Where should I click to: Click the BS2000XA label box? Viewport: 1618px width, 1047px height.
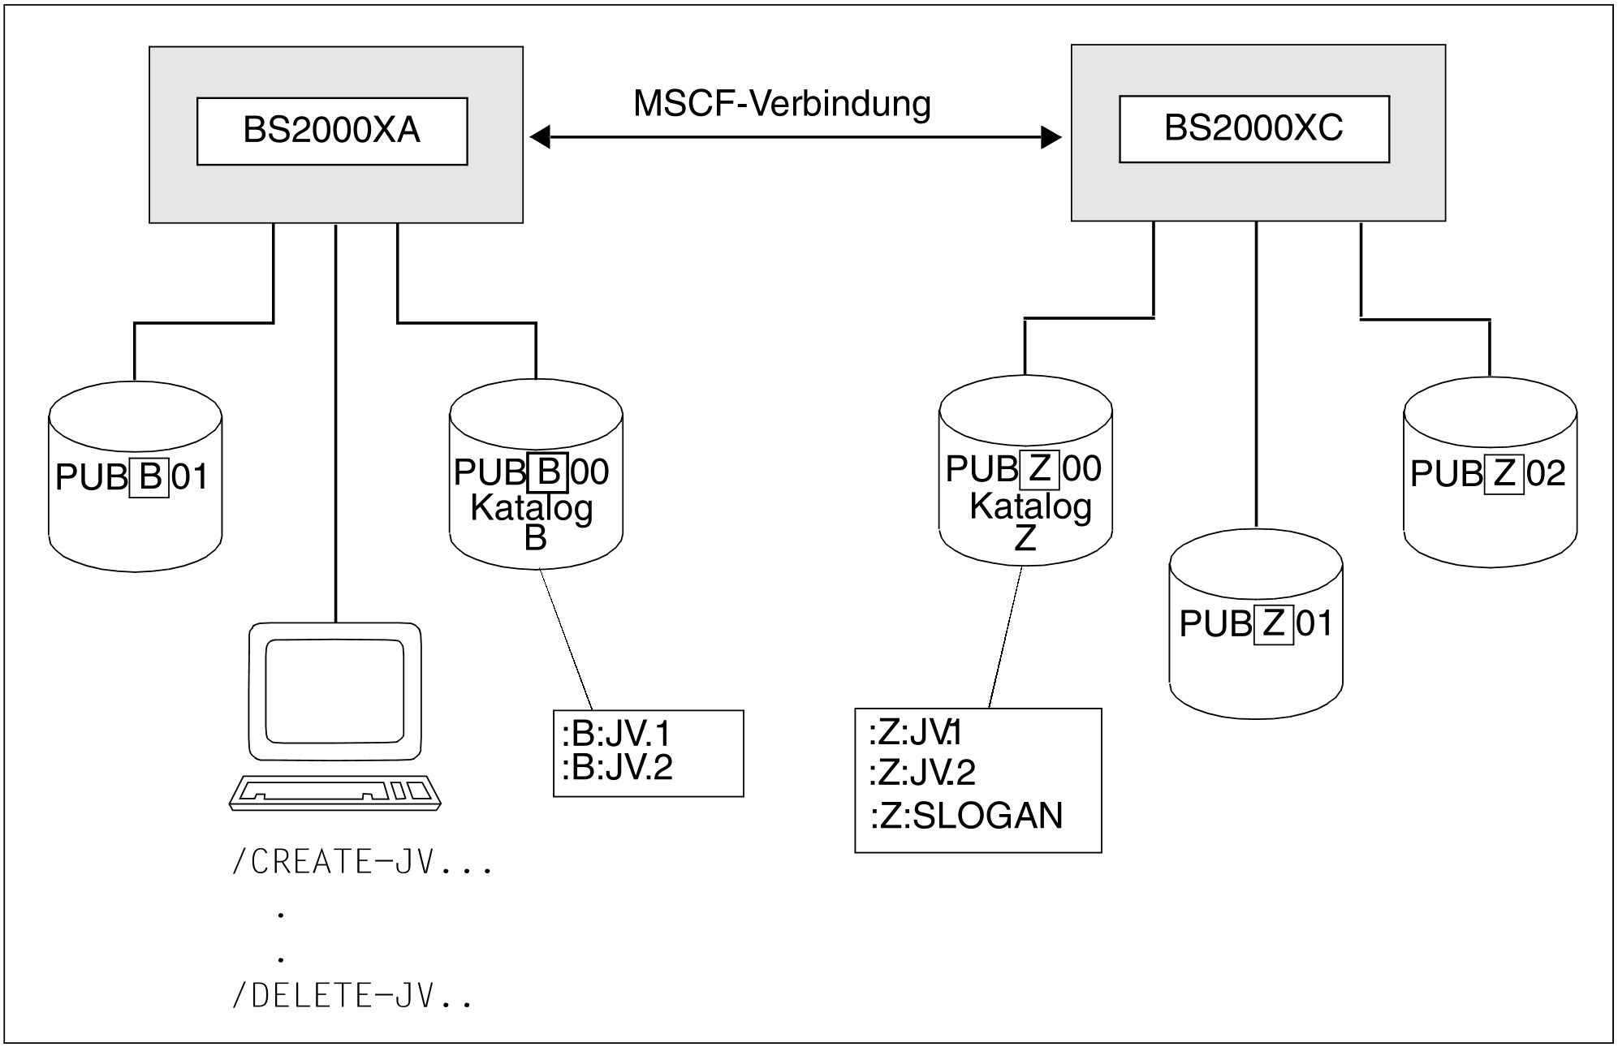pyautogui.click(x=332, y=131)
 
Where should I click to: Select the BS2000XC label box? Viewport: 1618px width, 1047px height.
pyautogui.click(x=1254, y=129)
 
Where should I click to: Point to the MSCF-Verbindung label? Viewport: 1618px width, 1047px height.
pyautogui.click(x=782, y=104)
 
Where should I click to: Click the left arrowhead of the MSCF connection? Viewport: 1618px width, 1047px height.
pyautogui.click(x=540, y=137)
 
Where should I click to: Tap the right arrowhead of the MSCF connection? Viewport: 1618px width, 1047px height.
pyautogui.click(x=1051, y=137)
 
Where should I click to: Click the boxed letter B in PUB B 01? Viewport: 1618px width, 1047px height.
pyautogui.click(x=150, y=477)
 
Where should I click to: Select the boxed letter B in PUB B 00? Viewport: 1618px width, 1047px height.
pyautogui.click(x=549, y=472)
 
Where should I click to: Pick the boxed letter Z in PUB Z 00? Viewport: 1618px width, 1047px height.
pyautogui.click(x=1040, y=469)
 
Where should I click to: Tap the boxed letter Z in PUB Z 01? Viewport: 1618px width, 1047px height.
pyautogui.click(x=1274, y=624)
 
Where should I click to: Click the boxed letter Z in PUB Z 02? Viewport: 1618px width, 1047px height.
pyautogui.click(x=1504, y=474)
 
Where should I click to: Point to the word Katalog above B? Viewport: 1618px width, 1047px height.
pyautogui.click(x=532, y=509)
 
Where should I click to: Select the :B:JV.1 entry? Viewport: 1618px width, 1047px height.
pyautogui.click(x=616, y=734)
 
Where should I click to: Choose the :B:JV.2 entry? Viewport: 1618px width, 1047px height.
pyautogui.click(x=617, y=767)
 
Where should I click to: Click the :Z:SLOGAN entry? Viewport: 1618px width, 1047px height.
pyautogui.click(x=966, y=816)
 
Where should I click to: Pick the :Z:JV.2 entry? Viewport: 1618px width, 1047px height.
pyautogui.click(x=922, y=773)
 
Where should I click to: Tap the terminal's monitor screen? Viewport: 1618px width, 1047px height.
pyautogui.click(x=335, y=692)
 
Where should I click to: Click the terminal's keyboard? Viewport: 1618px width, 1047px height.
pyautogui.click(x=335, y=792)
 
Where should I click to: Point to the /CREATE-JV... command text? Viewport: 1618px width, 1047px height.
pyautogui.click(x=362, y=862)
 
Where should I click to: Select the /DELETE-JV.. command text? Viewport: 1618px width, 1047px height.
pyautogui.click(x=352, y=996)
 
